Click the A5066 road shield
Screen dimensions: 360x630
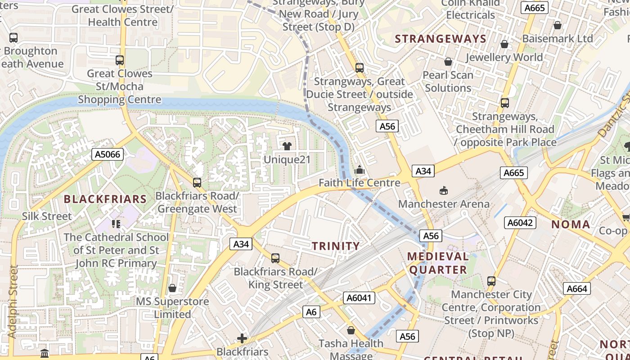108,154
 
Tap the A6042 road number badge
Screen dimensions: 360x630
520,222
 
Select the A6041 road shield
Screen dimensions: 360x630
359,297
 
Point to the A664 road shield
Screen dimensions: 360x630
577,288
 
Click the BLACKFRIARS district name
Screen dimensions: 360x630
105,199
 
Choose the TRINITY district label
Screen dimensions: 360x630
336,246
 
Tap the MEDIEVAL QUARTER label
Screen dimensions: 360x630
438,263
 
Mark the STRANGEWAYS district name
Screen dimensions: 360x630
441,39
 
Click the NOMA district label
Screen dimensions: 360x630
570,224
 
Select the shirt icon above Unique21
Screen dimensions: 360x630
287,146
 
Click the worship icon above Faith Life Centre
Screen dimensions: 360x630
359,170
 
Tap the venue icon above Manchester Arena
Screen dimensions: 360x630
444,190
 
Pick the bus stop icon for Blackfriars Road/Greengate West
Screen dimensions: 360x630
197,182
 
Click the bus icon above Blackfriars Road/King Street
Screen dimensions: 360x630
275,258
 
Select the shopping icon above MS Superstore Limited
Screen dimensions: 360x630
172,288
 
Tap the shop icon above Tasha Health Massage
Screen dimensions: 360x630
351,330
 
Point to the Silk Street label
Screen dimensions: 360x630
47,216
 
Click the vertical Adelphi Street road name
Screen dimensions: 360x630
13,301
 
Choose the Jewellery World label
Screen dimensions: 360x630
504,57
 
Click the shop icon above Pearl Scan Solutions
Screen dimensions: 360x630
448,62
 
